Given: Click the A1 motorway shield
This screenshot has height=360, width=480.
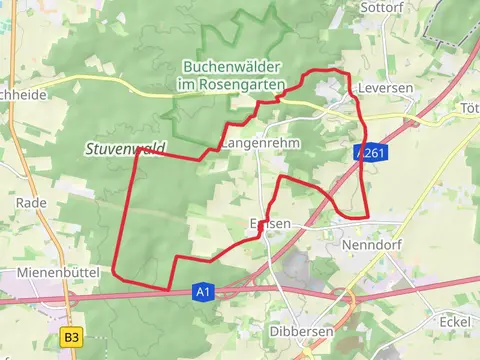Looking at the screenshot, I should (203, 291).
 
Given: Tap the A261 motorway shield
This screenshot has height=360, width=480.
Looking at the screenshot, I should (374, 153).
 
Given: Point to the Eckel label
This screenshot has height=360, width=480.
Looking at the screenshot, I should (454, 321).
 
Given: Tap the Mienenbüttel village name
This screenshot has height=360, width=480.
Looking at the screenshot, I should (61, 272).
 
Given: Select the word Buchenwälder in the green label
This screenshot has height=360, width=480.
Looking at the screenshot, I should (232, 67).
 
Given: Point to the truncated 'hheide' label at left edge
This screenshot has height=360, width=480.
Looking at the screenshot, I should (20, 95).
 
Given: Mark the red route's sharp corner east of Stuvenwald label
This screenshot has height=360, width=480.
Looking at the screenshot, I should (137, 151).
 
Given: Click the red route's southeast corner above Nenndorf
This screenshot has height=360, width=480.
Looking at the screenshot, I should (368, 216).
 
